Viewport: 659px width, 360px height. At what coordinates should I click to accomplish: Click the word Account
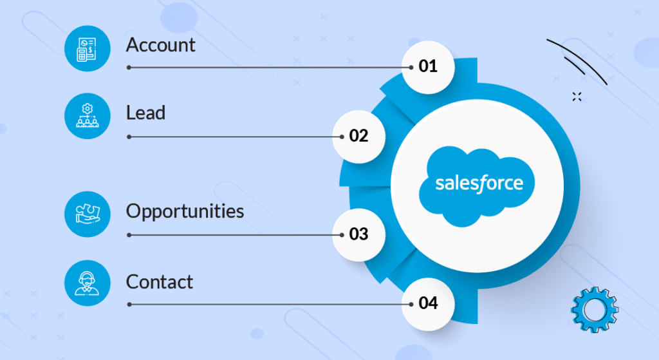pyautogui.click(x=160, y=45)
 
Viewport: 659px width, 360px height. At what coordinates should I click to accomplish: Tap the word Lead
pyautogui.click(x=145, y=113)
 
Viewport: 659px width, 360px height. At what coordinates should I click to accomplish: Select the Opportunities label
pyautogui.click(x=185, y=211)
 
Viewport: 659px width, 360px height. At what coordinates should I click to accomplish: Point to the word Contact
pyautogui.click(x=160, y=281)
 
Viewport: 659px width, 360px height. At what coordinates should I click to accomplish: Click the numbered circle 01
pyautogui.click(x=428, y=66)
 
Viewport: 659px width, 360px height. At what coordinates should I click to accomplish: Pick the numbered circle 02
pyautogui.click(x=358, y=136)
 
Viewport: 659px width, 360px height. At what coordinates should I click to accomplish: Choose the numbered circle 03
pyautogui.click(x=358, y=234)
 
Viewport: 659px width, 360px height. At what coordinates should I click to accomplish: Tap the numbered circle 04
pyautogui.click(x=428, y=303)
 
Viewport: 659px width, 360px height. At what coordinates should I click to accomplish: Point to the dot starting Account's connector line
pyautogui.click(x=129, y=67)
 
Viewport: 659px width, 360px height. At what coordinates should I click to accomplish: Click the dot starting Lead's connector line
pyautogui.click(x=129, y=137)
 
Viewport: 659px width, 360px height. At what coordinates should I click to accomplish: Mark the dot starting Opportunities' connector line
pyautogui.click(x=129, y=235)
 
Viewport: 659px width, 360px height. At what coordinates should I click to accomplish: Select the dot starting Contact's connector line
pyautogui.click(x=129, y=304)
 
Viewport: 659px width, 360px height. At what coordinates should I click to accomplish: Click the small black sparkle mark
pyautogui.click(x=577, y=97)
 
